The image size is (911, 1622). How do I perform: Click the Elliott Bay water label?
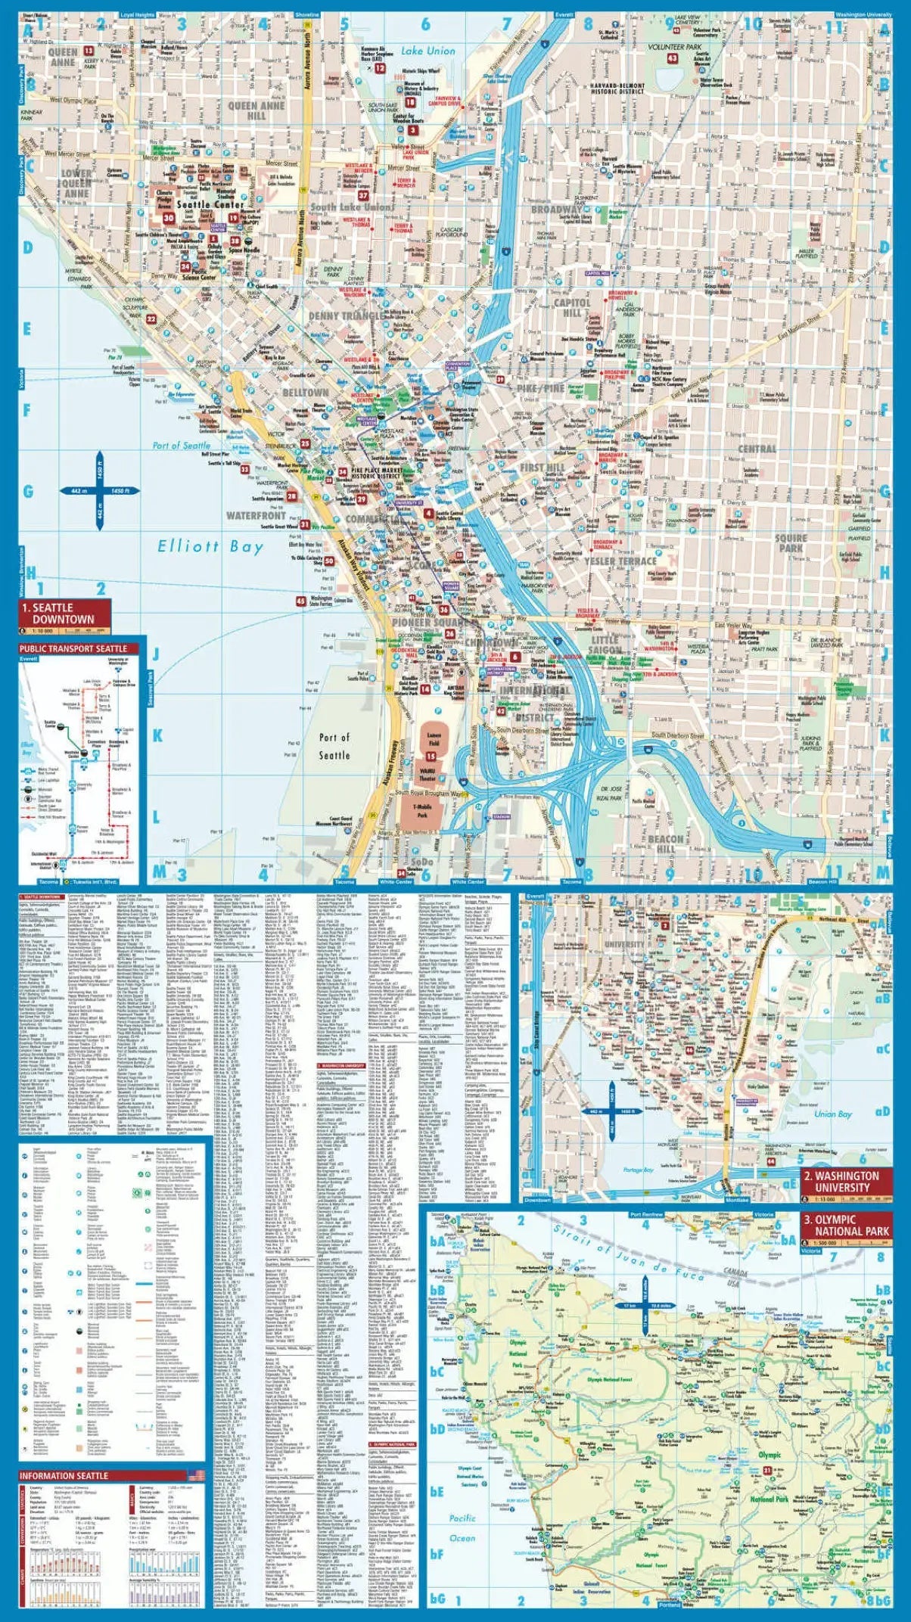coord(210,546)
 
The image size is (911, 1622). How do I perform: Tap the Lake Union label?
coord(428,51)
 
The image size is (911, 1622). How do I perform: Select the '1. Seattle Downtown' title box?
coord(64,614)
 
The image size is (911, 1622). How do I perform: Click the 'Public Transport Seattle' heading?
coord(73,648)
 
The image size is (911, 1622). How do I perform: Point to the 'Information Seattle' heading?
coord(64,1475)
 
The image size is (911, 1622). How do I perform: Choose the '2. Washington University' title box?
coord(846,1181)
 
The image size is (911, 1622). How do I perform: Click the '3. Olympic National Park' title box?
coord(846,1226)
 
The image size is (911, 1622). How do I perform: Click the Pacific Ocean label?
coord(462,1527)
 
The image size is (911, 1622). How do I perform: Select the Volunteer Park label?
coord(675,47)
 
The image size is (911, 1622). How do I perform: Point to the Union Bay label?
coord(832,1114)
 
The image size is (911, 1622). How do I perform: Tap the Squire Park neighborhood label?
coord(791,542)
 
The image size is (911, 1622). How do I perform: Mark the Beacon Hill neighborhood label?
coord(666,844)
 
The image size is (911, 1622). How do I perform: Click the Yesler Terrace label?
coord(620,561)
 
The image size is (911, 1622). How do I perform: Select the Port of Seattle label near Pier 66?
coord(182,446)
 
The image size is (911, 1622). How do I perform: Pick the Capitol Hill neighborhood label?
coord(572,307)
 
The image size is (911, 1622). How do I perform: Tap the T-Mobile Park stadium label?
coord(422,811)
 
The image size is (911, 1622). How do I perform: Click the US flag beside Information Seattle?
coord(196,1475)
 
